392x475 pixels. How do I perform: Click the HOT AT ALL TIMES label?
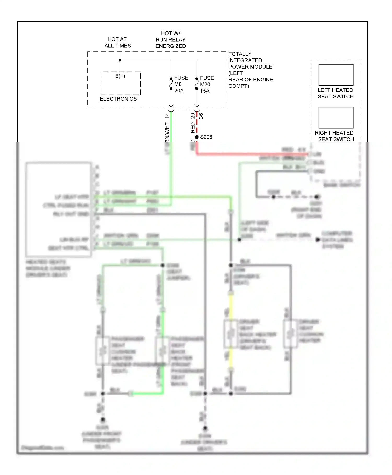point(117,42)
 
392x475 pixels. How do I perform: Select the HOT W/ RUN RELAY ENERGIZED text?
point(170,40)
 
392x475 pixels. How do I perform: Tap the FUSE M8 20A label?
point(181,84)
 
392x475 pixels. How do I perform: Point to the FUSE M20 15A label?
point(207,85)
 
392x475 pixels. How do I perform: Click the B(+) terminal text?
point(120,76)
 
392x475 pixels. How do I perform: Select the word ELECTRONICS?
point(118,99)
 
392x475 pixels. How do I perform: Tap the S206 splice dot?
point(197,137)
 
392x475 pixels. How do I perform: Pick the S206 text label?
point(206,137)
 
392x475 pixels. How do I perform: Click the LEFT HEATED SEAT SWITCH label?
point(336,93)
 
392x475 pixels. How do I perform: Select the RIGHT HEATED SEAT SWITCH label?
point(335,136)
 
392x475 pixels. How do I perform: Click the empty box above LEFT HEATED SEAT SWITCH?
point(336,75)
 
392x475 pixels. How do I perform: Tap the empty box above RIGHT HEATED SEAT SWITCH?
point(336,118)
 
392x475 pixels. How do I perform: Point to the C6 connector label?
point(201,116)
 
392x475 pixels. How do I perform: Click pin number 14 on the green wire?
point(167,115)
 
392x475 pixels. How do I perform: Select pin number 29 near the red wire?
point(193,116)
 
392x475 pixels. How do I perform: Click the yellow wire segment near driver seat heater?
point(231,306)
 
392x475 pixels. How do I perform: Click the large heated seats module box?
point(59,209)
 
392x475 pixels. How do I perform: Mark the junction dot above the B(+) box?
point(120,60)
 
